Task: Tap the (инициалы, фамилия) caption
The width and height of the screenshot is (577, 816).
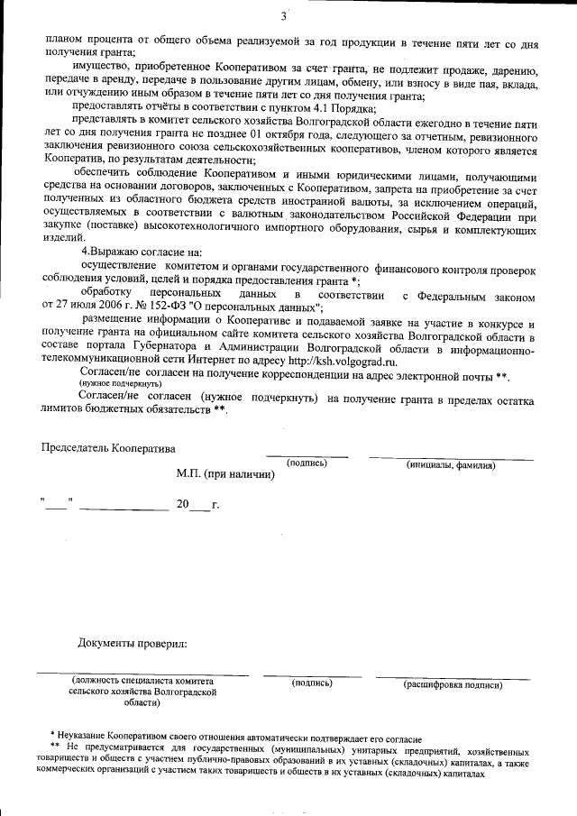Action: (x=450, y=465)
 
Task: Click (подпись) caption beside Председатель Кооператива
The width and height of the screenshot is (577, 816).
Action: (x=307, y=463)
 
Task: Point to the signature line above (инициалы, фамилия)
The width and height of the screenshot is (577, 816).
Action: (x=450, y=459)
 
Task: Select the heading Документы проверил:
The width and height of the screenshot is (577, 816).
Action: (x=133, y=643)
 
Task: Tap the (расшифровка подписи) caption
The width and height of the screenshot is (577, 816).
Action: (x=452, y=684)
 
